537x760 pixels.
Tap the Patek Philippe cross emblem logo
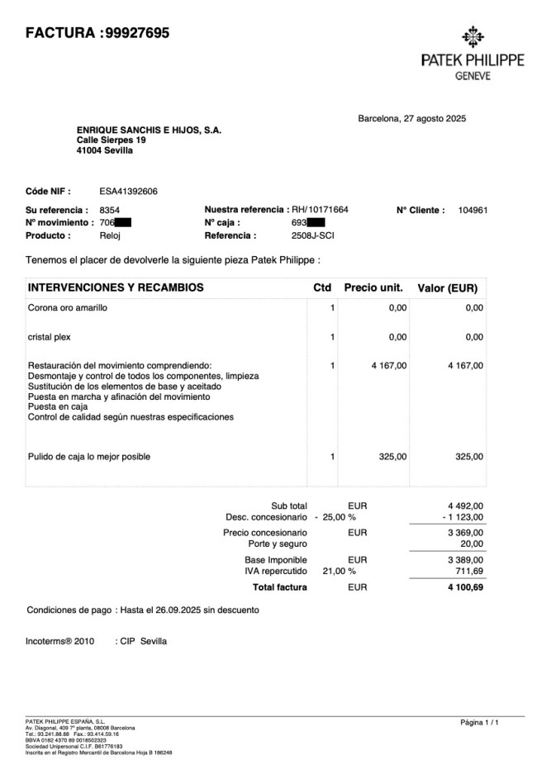tap(472, 38)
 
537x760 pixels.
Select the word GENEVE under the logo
tap(473, 76)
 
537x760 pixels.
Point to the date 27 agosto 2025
tap(435, 119)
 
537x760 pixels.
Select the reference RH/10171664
tap(321, 210)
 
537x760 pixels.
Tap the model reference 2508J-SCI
tap(313, 235)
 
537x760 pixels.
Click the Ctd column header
tap(322, 288)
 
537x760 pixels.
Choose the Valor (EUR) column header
tap(447, 288)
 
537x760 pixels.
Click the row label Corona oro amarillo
tap(68, 308)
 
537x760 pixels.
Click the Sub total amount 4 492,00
tap(465, 506)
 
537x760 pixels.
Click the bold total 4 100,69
tap(463, 588)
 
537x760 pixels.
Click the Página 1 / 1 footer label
tap(479, 723)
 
